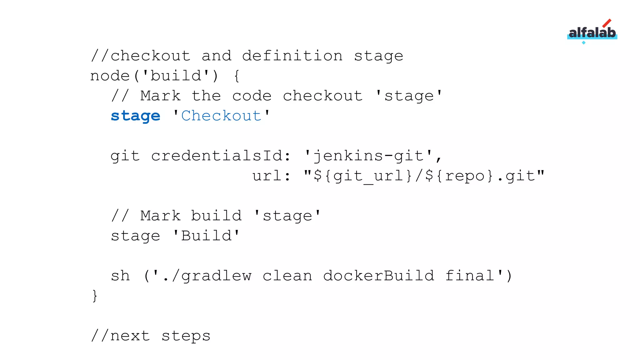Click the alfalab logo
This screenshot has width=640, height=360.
[x=592, y=33]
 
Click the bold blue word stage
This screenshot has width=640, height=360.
[x=135, y=116]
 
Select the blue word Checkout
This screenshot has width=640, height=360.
[x=221, y=116]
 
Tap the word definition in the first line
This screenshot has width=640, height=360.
[x=292, y=56]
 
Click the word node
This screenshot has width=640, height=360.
[x=110, y=76]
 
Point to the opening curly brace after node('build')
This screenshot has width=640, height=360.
[x=237, y=76]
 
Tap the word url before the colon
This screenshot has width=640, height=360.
[x=267, y=176]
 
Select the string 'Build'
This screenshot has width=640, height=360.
[x=206, y=236]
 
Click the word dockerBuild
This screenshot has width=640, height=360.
[x=378, y=276]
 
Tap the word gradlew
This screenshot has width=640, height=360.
[x=216, y=276]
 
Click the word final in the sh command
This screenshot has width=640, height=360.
[x=469, y=276]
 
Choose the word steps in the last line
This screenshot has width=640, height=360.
[x=186, y=336]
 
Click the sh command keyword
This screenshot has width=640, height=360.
[x=120, y=276]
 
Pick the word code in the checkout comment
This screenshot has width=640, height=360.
[x=252, y=96]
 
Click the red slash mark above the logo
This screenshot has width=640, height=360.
[x=607, y=23]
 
